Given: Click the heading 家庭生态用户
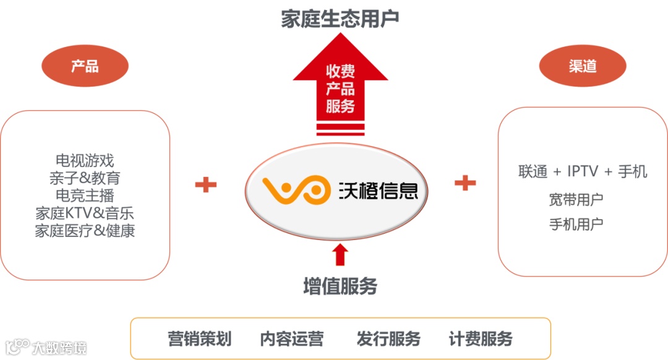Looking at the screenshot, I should [x=340, y=18].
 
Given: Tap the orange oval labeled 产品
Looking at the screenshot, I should [x=85, y=66].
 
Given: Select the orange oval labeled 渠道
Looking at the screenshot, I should [x=582, y=66].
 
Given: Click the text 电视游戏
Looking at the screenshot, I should [x=85, y=161].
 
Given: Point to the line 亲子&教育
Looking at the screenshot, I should [x=85, y=179].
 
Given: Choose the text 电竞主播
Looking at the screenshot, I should [x=85, y=196].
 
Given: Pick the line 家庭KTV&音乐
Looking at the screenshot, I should [x=85, y=213].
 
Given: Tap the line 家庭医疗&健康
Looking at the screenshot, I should [x=85, y=231].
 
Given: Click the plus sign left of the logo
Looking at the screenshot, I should [x=206, y=184].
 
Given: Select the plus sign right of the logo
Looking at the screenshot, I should [x=465, y=182].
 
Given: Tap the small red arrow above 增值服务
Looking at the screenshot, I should [x=340, y=254].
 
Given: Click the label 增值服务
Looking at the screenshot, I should [x=340, y=286].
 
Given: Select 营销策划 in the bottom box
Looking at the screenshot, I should [x=199, y=339].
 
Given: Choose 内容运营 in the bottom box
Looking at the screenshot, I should [x=291, y=339].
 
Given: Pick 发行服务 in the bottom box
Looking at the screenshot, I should [x=388, y=339].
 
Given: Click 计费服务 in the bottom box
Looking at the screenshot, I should [x=481, y=339].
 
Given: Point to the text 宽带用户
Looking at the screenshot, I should [x=576, y=200].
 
